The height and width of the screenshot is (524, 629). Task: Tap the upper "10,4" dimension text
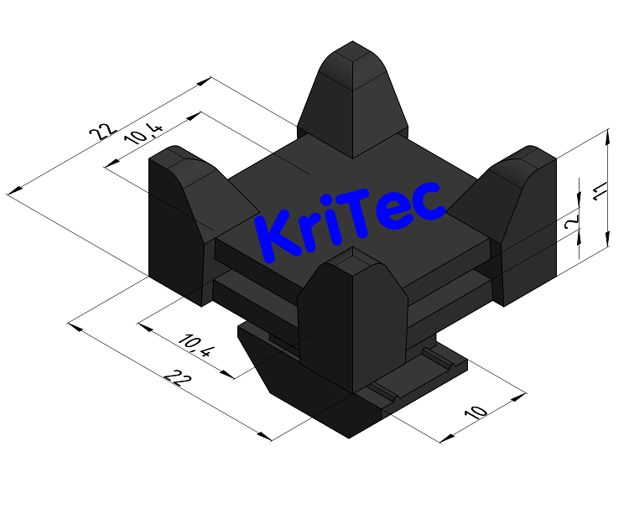click(x=143, y=133)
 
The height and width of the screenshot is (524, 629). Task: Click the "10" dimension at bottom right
click(x=476, y=412)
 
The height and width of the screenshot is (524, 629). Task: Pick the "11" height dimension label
click(x=596, y=192)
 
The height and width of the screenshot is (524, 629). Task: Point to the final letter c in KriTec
click(x=429, y=200)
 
